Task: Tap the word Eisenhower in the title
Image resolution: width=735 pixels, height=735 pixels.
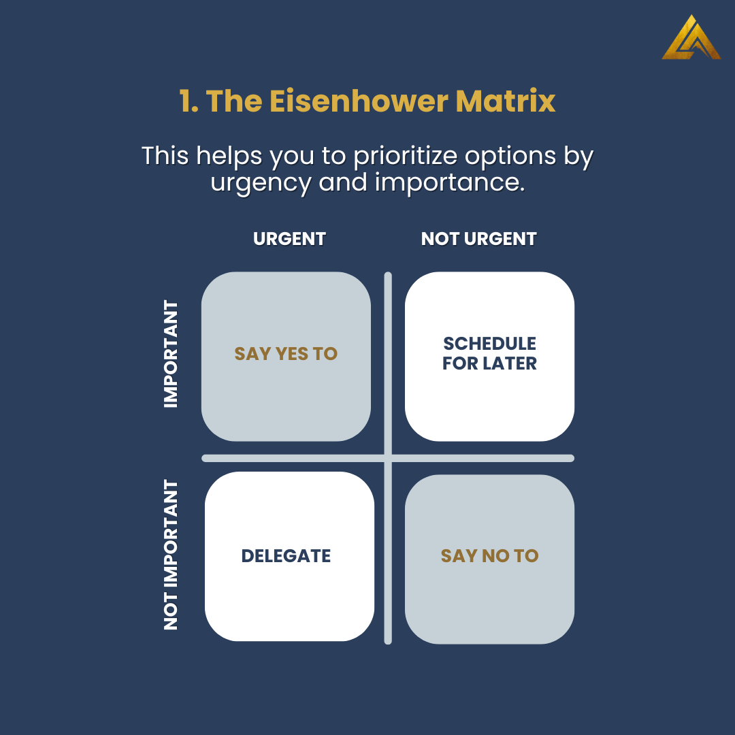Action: (359, 101)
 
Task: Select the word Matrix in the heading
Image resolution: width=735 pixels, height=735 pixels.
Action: (505, 101)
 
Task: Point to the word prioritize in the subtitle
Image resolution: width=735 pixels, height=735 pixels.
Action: (405, 156)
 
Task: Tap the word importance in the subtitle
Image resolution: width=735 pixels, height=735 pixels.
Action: (450, 182)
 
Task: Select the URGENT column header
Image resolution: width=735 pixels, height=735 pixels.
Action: (289, 239)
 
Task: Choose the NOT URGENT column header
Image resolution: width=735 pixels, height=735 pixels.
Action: (478, 239)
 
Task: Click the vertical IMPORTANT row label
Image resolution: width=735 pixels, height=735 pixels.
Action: (171, 354)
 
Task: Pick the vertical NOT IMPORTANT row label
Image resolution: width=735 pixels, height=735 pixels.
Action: (171, 555)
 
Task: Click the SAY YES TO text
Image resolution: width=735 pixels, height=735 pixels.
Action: (286, 354)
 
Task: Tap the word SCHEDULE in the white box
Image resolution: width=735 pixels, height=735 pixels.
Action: (489, 344)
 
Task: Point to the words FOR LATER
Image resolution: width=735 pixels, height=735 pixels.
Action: (489, 363)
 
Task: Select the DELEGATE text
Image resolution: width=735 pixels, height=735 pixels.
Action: (286, 556)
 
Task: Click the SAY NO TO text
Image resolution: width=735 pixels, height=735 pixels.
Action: (489, 556)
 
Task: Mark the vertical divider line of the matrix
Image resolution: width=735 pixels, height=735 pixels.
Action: (388, 458)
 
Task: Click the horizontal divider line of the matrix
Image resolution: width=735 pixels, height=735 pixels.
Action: (388, 458)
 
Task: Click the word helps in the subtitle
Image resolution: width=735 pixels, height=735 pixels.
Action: (229, 156)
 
